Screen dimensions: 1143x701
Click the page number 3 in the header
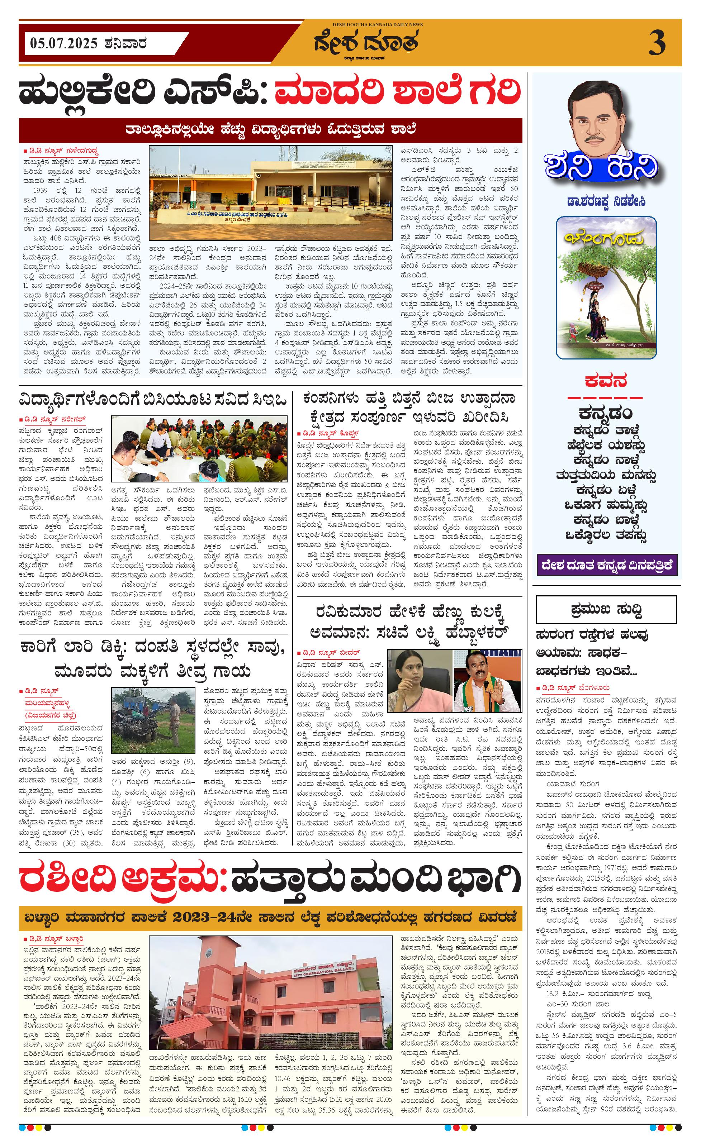click(x=657, y=43)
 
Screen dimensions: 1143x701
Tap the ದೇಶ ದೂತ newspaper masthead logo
click(x=366, y=43)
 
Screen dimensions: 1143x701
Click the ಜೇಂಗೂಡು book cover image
click(x=606, y=288)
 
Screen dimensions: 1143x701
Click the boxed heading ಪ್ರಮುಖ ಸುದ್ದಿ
click(x=606, y=609)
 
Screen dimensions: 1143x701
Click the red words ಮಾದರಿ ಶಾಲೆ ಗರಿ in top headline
click(x=398, y=91)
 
